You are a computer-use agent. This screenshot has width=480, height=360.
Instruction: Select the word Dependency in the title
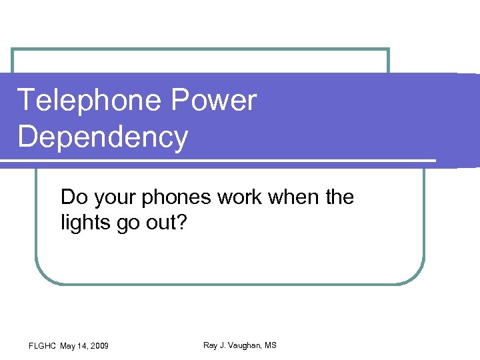(103, 137)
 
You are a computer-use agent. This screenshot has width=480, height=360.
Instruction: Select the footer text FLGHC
(43, 345)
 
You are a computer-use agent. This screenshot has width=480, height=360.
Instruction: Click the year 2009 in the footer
(98, 345)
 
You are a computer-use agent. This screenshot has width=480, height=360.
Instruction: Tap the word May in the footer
(67, 345)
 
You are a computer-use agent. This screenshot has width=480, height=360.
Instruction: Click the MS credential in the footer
(270, 345)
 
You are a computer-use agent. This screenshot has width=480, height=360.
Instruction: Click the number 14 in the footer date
(82, 345)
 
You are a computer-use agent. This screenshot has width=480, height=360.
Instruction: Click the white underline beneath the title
(220, 161)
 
